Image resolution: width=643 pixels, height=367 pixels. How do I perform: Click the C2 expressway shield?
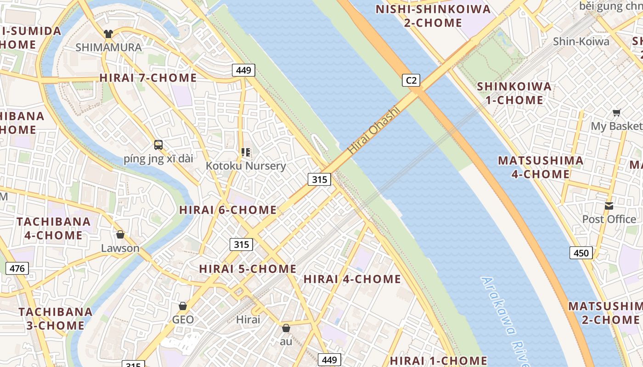tap(411, 80)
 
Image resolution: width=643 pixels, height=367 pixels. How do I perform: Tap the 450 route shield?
tap(581, 252)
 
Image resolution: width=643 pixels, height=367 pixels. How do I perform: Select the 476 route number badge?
tap(17, 268)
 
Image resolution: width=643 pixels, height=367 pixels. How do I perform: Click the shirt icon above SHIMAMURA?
tap(108, 34)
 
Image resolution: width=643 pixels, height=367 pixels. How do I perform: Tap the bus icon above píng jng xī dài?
tap(158, 145)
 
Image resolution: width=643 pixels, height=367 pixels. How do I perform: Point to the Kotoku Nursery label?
tap(246, 166)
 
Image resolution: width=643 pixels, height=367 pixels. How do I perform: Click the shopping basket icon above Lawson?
tap(120, 234)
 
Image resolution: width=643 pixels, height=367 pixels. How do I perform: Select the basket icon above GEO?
tap(183, 306)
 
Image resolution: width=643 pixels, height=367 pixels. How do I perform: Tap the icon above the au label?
tap(286, 328)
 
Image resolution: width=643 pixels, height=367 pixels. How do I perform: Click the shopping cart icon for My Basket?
tap(617, 112)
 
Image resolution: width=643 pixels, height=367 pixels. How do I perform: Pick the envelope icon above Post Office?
tap(609, 206)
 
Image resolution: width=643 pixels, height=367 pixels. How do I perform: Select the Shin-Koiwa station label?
tap(581, 41)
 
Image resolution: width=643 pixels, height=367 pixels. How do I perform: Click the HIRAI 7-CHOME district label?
tap(148, 78)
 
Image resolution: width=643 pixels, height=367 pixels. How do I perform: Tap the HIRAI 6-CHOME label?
tap(228, 210)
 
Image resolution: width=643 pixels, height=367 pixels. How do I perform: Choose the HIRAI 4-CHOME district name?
tap(352, 279)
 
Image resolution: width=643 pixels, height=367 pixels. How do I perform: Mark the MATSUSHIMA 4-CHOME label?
tap(541, 167)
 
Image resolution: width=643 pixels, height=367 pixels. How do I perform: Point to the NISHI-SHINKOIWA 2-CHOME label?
tap(433, 16)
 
